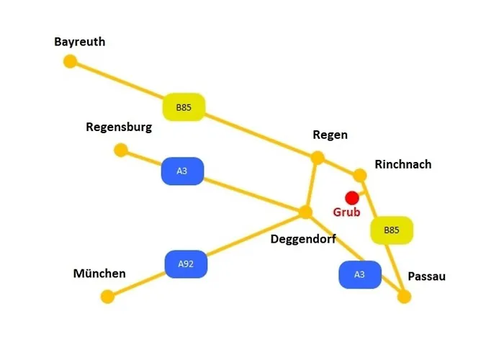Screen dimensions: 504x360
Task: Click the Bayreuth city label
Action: click(80, 42)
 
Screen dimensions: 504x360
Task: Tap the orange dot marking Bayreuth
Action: click(70, 61)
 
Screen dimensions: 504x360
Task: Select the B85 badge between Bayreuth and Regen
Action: click(184, 107)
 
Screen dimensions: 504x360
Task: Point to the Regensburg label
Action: click(119, 127)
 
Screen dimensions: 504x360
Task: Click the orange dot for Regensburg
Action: click(121, 150)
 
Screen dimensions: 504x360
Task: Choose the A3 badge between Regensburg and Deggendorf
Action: click(182, 171)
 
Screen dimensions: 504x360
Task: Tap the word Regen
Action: click(330, 135)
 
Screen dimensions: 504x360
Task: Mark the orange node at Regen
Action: click(318, 158)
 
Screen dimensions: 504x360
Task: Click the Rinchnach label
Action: click(403, 164)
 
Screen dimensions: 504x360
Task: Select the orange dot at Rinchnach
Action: click(360, 175)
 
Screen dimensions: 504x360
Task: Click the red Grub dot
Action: click(352, 198)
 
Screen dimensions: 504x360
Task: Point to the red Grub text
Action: click(346, 212)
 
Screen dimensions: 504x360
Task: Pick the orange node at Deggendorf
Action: click(305, 212)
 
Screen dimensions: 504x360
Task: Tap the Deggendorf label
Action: click(303, 239)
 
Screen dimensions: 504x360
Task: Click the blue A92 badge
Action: click(186, 264)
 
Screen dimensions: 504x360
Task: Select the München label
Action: click(99, 274)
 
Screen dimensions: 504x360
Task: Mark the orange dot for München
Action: click(107, 297)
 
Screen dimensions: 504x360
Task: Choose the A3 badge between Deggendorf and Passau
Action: click(360, 274)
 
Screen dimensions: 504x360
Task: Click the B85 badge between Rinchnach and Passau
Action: click(392, 230)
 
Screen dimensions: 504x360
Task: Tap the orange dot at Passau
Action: click(405, 297)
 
